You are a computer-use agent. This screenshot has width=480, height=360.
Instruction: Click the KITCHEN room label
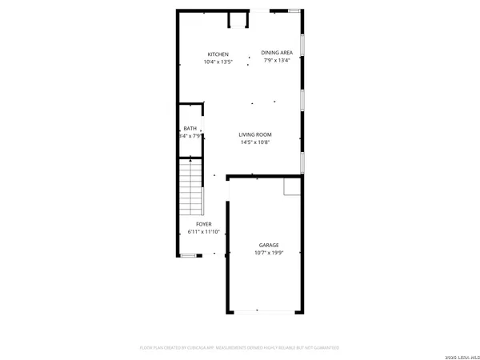click(x=218, y=54)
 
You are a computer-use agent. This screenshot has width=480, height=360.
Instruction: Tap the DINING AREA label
click(x=277, y=53)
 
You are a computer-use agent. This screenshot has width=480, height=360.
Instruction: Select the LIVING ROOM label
click(x=256, y=134)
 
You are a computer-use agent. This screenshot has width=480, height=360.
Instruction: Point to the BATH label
click(x=190, y=129)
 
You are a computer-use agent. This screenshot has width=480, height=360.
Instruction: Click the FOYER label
click(x=204, y=224)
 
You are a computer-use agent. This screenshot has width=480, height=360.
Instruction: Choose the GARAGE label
click(x=268, y=246)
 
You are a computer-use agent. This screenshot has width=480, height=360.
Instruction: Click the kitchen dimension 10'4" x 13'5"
click(x=218, y=62)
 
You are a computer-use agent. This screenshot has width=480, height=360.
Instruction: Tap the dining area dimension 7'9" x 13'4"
click(x=277, y=60)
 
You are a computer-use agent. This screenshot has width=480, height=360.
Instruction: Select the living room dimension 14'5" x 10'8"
click(x=256, y=142)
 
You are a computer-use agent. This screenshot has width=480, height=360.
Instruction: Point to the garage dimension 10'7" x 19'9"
click(x=268, y=254)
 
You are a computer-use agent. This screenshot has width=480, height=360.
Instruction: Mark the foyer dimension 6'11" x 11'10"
click(x=204, y=231)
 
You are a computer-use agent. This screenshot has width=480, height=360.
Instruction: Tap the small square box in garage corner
click(x=293, y=186)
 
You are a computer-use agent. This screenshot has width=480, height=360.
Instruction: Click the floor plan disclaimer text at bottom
click(x=240, y=348)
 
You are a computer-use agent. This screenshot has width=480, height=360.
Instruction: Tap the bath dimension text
click(x=190, y=136)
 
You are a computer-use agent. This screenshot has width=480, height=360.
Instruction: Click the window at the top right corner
click(x=295, y=10)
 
